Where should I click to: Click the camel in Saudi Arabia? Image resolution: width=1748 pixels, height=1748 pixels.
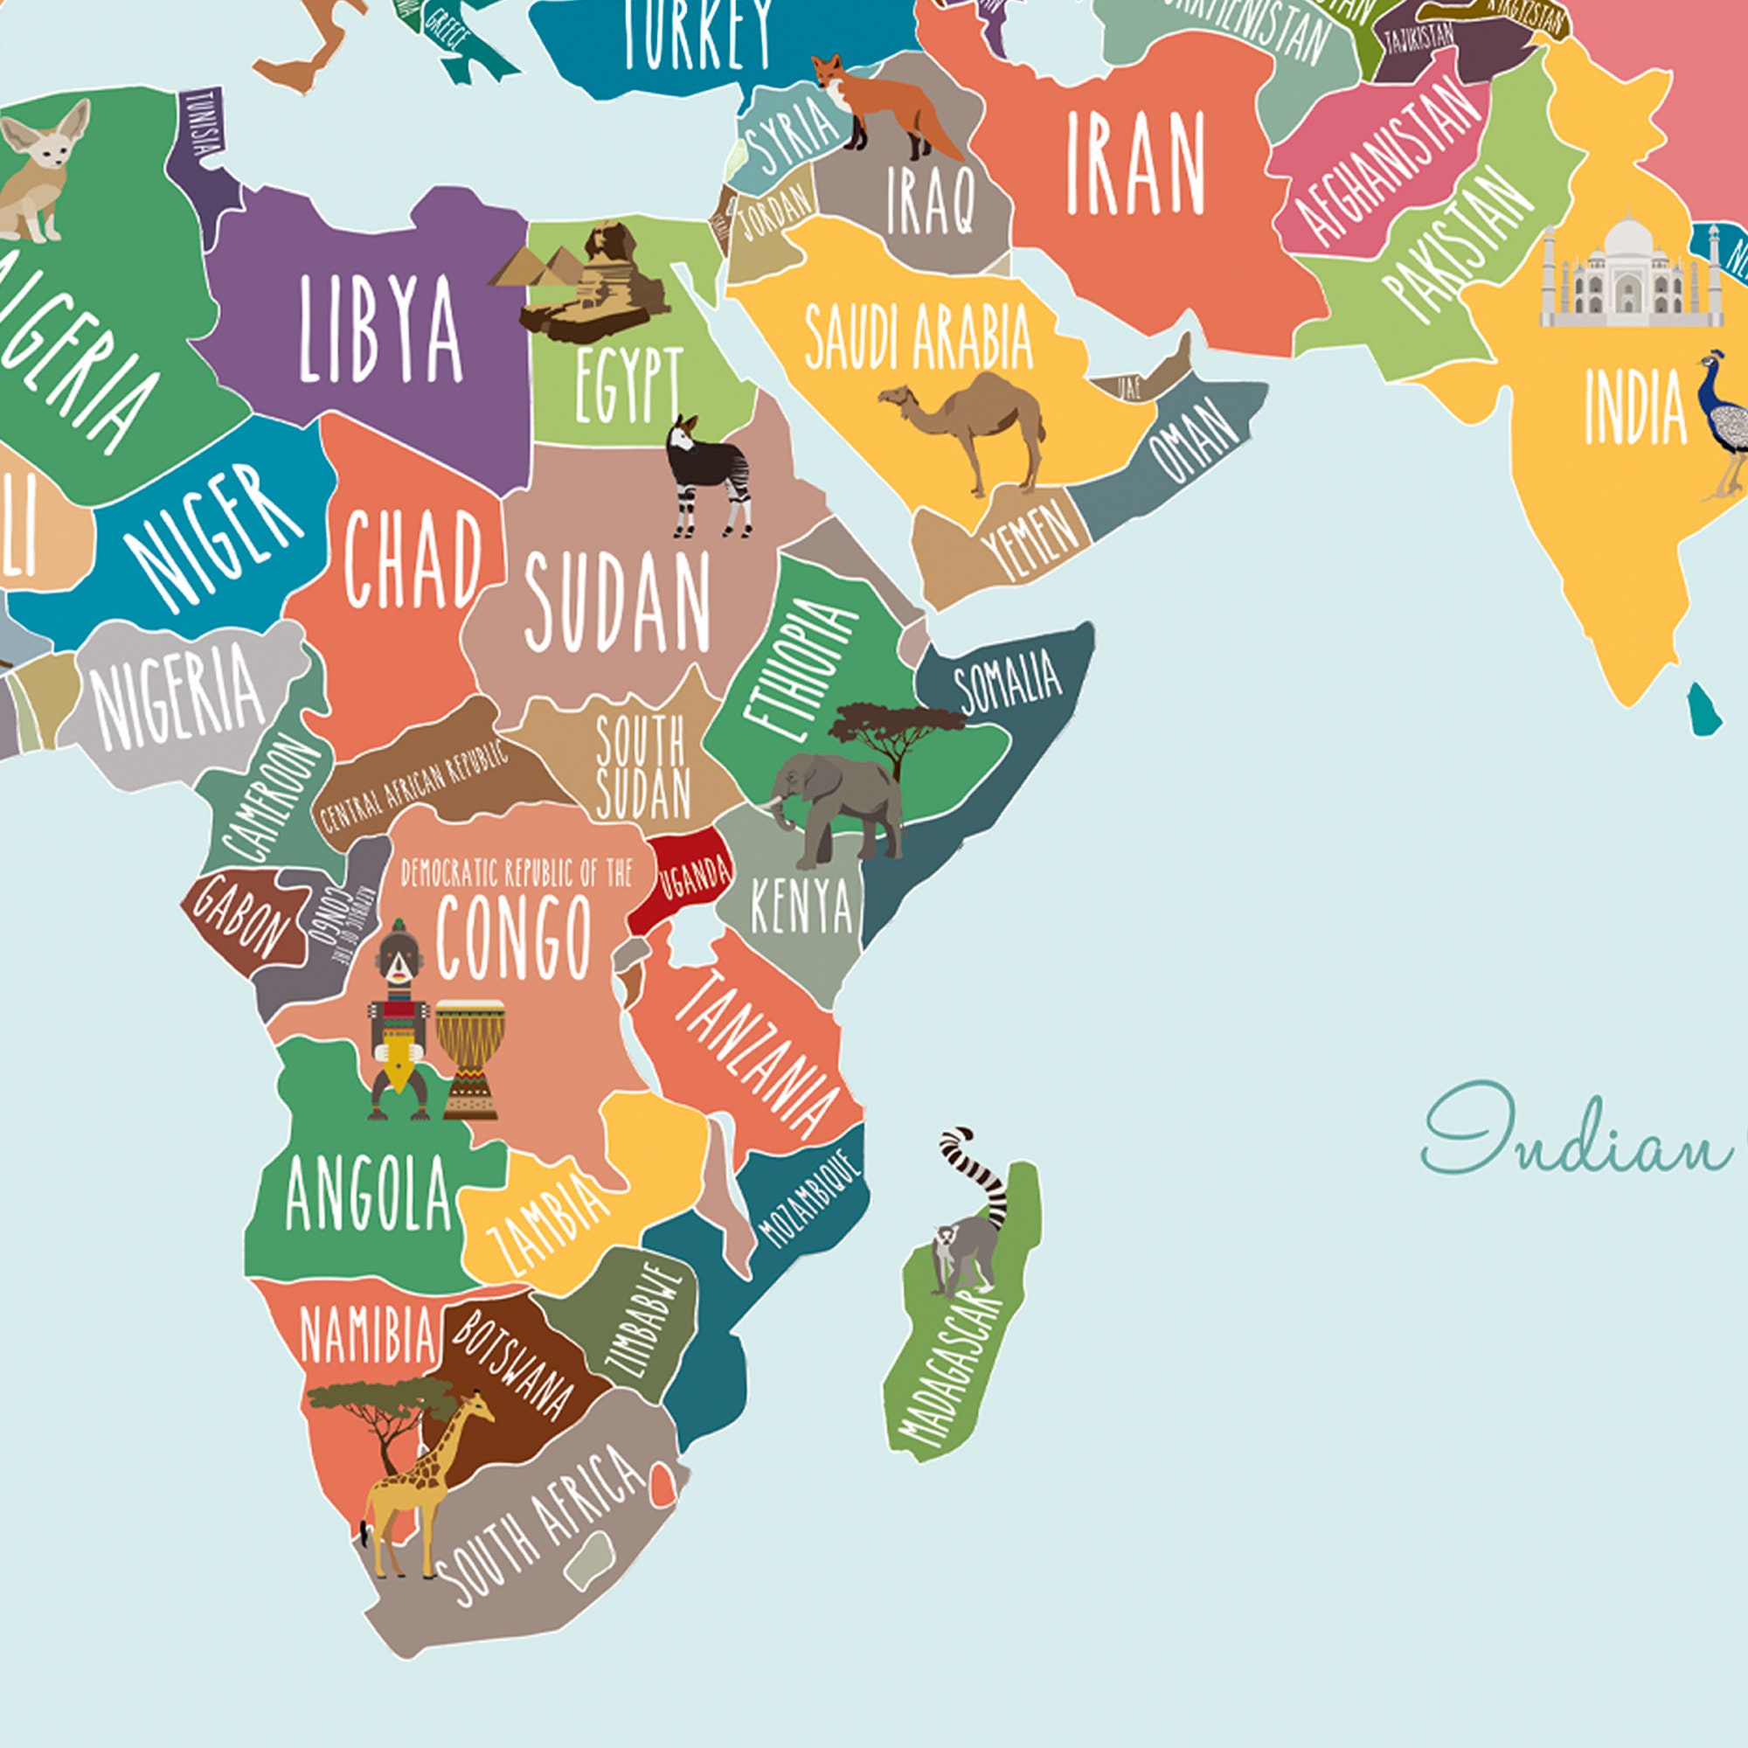tap(968, 426)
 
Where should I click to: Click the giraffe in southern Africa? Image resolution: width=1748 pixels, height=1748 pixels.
tap(426, 1484)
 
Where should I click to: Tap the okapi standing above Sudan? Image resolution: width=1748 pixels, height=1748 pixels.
tap(711, 475)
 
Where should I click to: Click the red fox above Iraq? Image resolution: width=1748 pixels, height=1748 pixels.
tap(882, 104)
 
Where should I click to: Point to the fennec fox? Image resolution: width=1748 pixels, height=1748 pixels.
tap(41, 168)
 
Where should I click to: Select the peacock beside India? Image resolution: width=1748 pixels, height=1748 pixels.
tap(1724, 426)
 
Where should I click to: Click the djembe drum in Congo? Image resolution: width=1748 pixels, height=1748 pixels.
tap(469, 1058)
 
